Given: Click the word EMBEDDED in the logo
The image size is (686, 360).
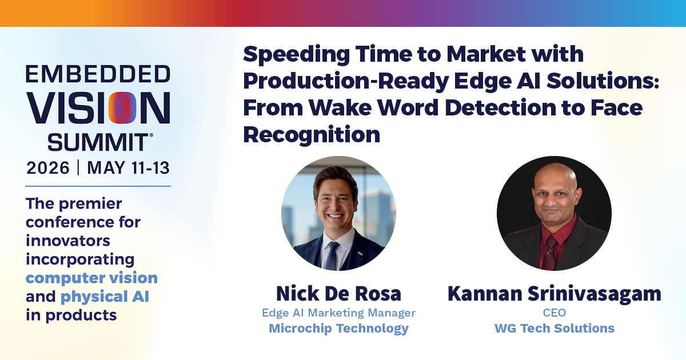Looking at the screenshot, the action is [x=98, y=74].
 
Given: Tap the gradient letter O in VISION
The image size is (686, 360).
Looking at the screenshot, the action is [x=122, y=108].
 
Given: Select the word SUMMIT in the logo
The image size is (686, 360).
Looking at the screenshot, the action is [x=98, y=142].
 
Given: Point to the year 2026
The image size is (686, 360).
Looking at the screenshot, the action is [x=48, y=168].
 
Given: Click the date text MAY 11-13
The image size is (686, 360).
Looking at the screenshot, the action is [x=128, y=168].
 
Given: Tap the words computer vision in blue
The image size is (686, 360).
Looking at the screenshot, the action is [x=91, y=278].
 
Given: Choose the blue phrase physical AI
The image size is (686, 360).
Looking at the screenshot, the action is [x=105, y=297].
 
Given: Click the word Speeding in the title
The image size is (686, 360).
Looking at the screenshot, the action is [x=296, y=55].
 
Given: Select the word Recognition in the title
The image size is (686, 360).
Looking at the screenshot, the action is [x=312, y=135].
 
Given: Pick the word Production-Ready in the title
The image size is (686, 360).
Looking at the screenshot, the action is [x=346, y=81].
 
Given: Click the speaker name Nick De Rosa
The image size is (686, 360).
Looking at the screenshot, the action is [x=338, y=294].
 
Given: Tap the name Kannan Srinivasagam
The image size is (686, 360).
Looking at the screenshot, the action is [x=555, y=294].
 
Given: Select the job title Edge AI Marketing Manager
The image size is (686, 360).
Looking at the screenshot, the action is [x=338, y=313].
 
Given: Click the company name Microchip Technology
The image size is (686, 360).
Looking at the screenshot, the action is [x=338, y=329].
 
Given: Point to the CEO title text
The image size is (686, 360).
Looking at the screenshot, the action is [x=555, y=313].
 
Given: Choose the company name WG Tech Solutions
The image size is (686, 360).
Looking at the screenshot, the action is [x=555, y=328].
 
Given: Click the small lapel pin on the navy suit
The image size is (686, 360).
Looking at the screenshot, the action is [x=360, y=254].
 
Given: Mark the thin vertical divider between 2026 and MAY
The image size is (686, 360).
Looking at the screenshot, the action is [x=78, y=167].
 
